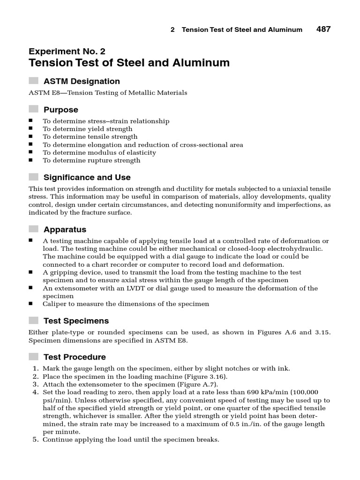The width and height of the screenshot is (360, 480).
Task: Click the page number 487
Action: pos(323,29)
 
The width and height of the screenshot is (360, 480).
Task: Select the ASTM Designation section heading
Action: pos(82,81)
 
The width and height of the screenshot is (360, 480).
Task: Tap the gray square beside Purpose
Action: pos(33,109)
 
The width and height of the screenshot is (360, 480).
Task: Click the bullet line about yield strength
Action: pos(87,129)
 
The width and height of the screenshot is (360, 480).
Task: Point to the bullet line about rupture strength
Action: pos(91,160)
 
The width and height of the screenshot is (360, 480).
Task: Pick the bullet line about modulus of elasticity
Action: pos(99,152)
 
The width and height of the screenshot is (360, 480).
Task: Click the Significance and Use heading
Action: pos(87,177)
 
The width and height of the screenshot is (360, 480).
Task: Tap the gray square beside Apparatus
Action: pos(33,229)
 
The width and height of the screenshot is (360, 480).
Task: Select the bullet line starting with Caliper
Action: pos(126,304)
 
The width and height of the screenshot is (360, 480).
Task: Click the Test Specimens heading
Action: pos(76,321)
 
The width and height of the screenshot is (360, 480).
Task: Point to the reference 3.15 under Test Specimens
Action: pos(322,332)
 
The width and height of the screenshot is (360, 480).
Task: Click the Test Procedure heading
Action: pos(75,357)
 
